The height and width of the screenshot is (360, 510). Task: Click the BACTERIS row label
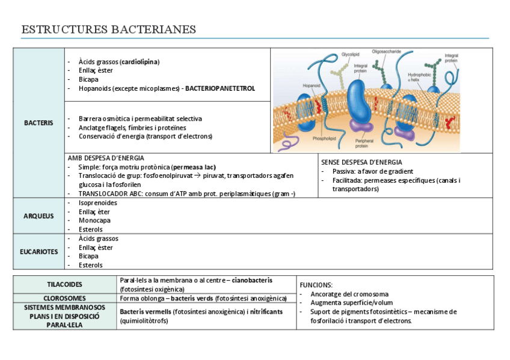[x=38, y=123]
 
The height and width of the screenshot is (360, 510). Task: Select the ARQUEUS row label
[x=38, y=216]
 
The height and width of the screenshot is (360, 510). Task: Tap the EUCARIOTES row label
[x=38, y=252]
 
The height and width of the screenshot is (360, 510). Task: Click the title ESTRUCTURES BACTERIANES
[x=108, y=30]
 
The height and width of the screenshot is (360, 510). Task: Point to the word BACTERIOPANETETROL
[x=220, y=88]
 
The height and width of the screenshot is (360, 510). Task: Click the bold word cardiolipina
[x=140, y=61]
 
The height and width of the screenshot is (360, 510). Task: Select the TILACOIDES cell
[x=65, y=284]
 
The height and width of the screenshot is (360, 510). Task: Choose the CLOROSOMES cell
[x=65, y=298]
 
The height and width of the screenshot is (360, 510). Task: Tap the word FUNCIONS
[x=316, y=285]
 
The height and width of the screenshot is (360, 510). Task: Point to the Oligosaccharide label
[x=387, y=51]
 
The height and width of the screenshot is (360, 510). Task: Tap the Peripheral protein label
[x=361, y=143]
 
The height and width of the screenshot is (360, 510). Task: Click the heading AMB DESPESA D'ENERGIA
[x=106, y=157]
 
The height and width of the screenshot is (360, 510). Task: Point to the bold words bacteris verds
[x=192, y=298]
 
